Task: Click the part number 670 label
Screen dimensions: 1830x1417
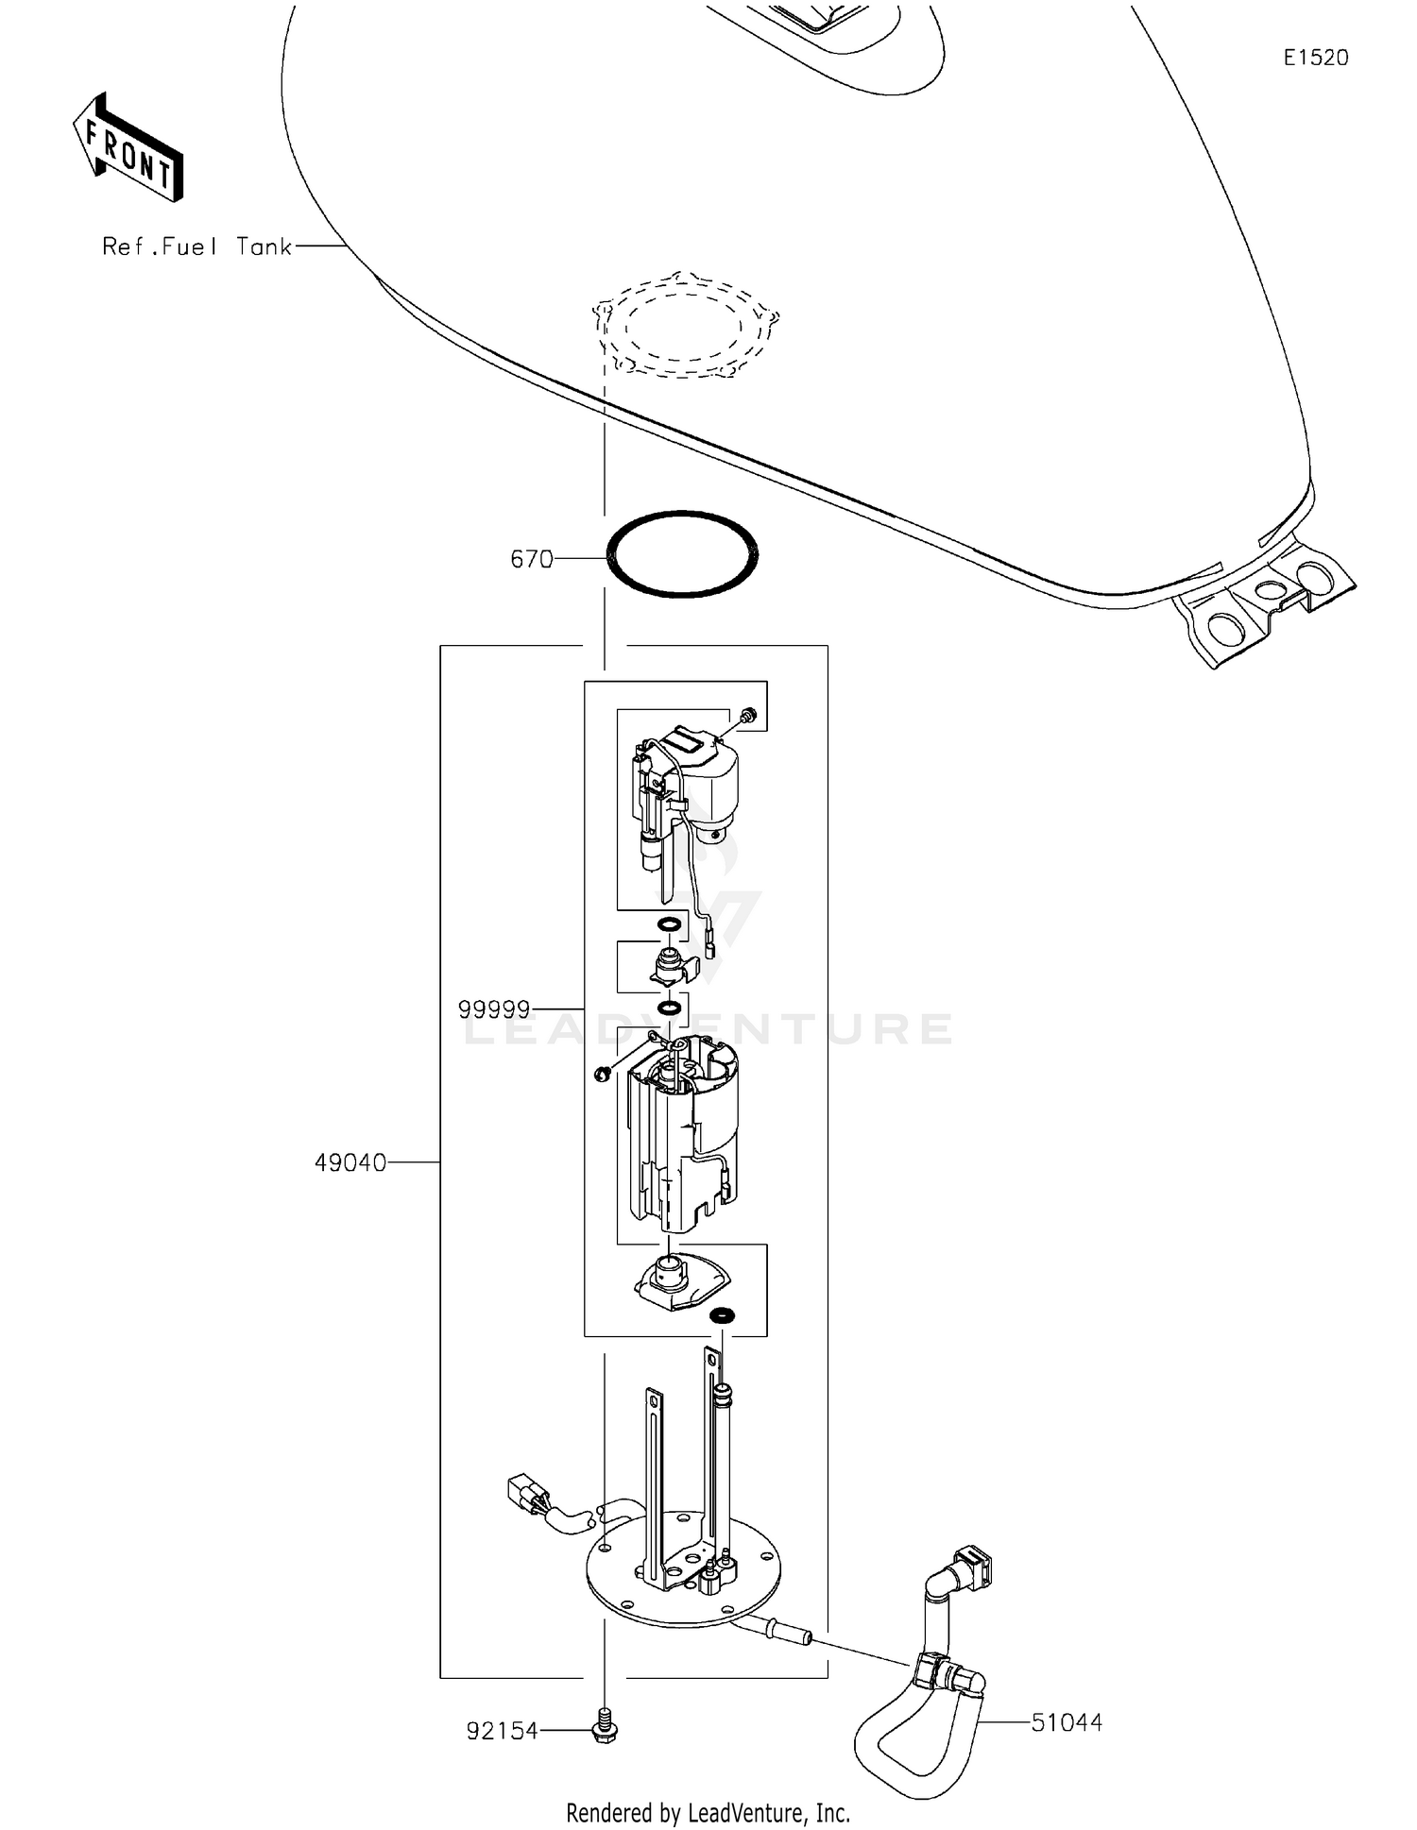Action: coord(531,560)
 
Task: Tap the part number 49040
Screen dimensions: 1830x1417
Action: coord(350,1163)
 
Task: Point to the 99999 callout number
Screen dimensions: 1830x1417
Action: coord(494,1010)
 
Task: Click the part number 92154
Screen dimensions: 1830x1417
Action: coord(502,1731)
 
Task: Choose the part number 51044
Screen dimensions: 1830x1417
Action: coord(1067,1722)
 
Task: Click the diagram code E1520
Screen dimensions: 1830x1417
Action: coord(1315,58)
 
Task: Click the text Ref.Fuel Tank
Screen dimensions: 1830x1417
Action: coord(197,247)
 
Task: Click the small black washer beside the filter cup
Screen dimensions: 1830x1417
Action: coord(723,1314)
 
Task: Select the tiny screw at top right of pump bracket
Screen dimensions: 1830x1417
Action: coord(749,716)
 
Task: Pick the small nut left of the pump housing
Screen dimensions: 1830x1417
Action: coord(601,1074)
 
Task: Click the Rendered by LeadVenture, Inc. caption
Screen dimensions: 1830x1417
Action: coord(708,1812)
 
